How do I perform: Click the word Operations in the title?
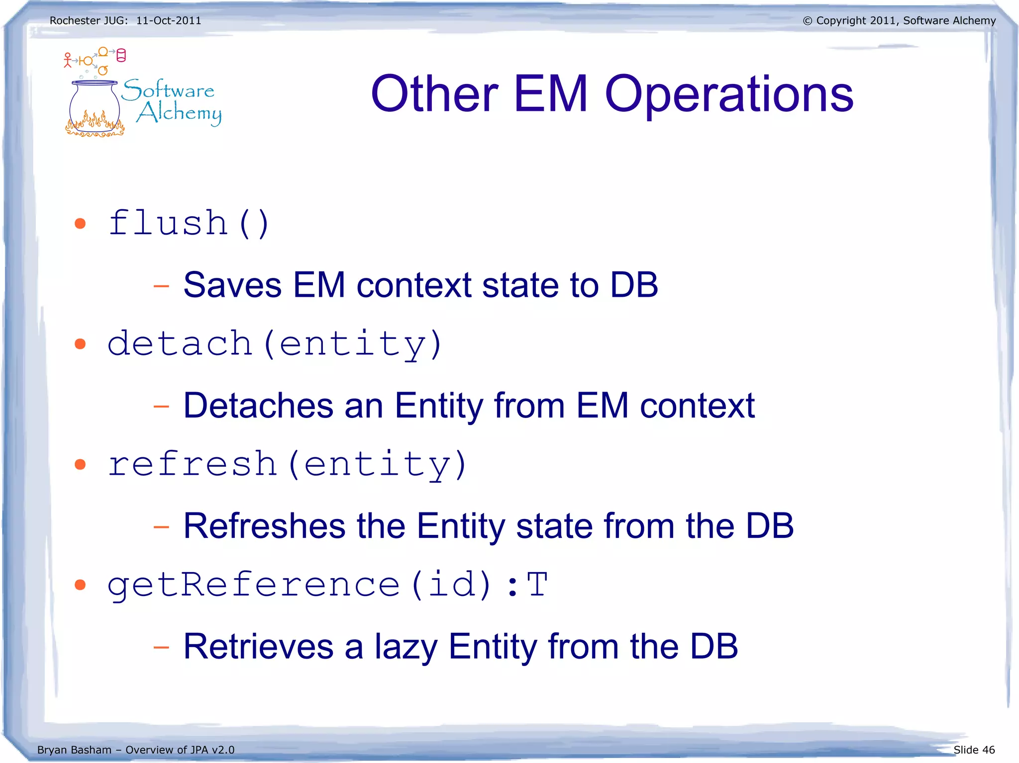729,94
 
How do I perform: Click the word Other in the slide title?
434,94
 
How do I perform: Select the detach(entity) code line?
275,343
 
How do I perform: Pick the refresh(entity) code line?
287,464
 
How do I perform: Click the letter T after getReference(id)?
538,585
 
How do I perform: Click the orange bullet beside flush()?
80,224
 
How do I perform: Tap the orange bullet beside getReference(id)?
80,585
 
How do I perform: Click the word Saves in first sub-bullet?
232,285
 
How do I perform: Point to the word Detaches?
258,406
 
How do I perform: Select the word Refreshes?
264,526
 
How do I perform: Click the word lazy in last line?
405,647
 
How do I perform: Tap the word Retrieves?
258,647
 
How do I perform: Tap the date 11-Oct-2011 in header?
169,21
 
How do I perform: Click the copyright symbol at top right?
808,21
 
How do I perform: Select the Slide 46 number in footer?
974,750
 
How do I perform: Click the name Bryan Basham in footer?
74,750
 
